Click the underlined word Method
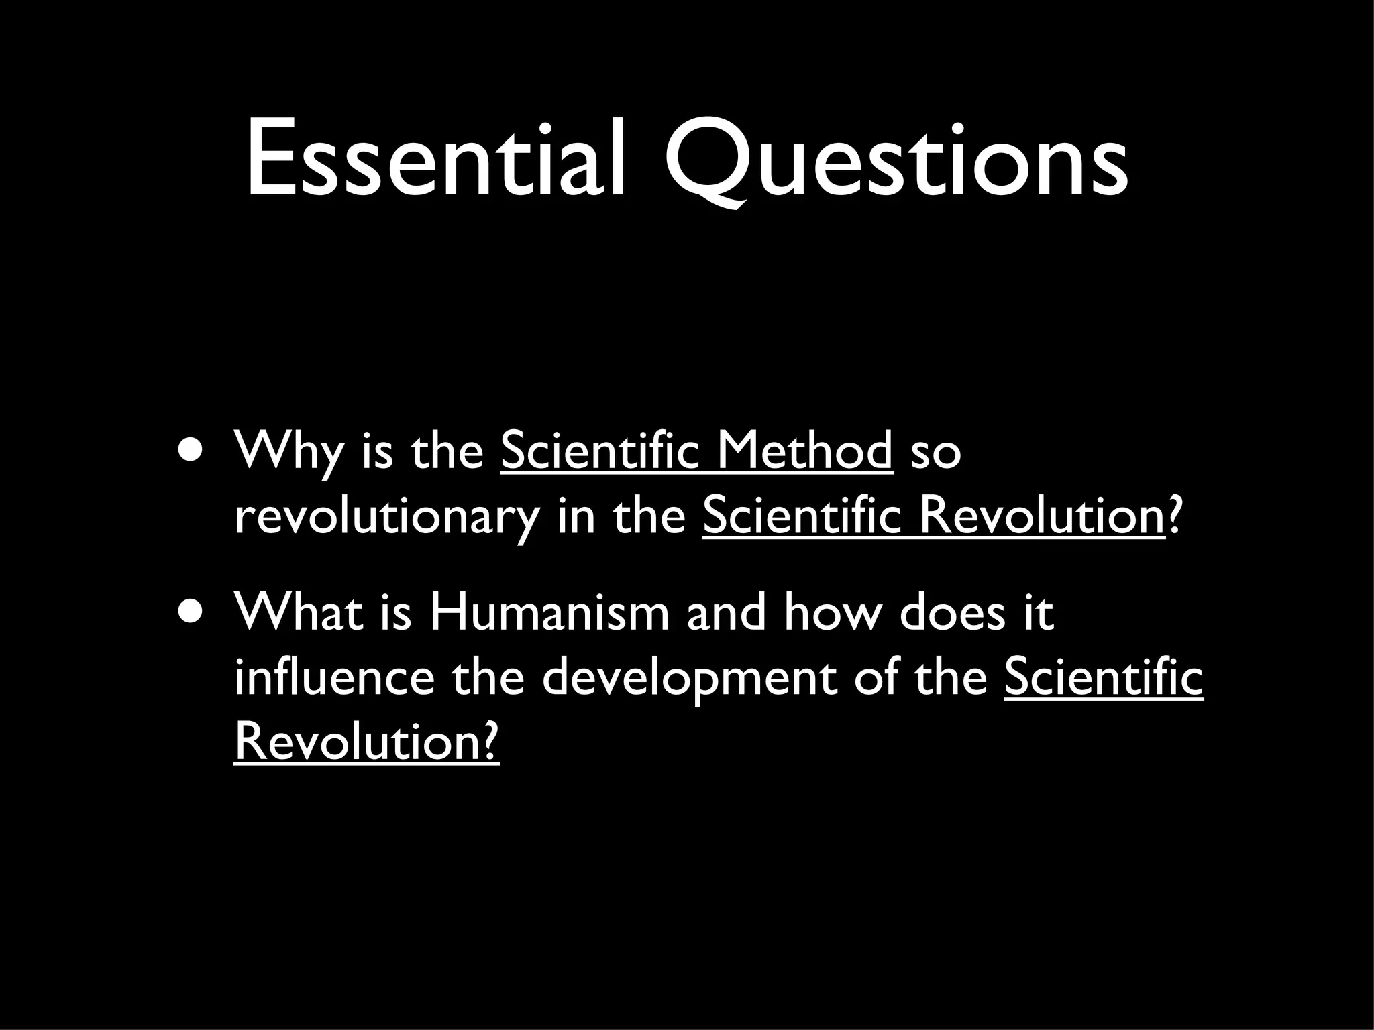click(804, 451)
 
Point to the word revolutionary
click(386, 518)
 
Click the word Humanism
click(549, 612)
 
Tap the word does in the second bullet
click(953, 612)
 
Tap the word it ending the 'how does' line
click(1038, 612)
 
